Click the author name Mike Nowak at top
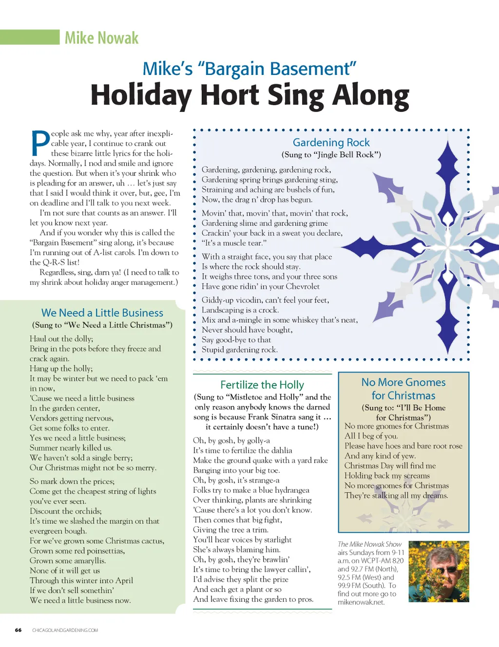coord(101,38)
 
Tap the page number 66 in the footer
coord(18,630)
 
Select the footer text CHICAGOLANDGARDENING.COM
coord(65,630)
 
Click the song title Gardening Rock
coord(331,143)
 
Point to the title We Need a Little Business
coord(102,313)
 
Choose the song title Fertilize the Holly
coord(262,385)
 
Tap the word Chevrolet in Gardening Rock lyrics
coord(303,286)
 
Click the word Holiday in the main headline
coord(141,95)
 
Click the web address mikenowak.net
coord(361,602)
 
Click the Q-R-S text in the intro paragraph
coord(54,262)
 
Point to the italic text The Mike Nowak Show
coord(369,544)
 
